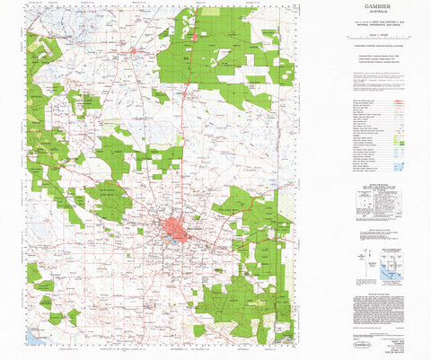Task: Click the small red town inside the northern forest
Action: (196, 37)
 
